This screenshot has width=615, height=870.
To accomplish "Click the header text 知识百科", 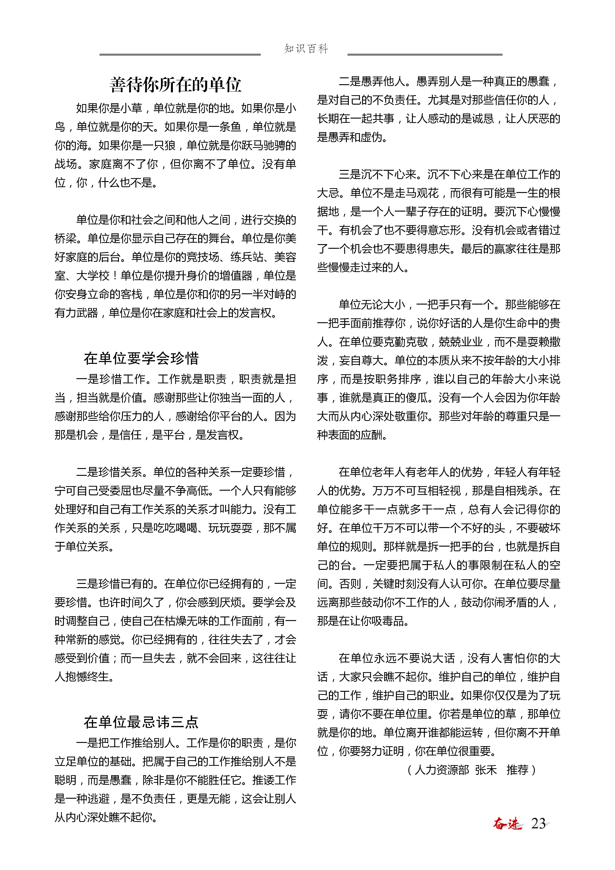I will point(306,49).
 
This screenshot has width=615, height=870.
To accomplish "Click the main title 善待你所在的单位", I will point(175,84).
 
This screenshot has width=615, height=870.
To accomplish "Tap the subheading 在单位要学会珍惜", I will point(141,358).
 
